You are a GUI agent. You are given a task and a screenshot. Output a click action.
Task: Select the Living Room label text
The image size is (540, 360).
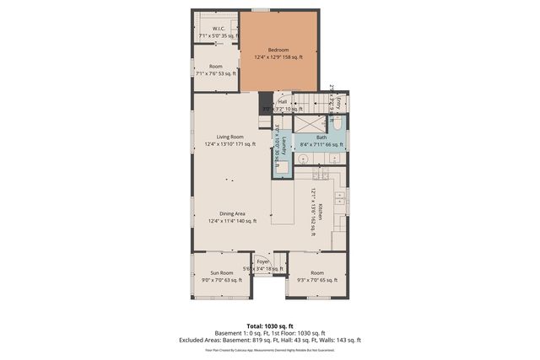[229, 137]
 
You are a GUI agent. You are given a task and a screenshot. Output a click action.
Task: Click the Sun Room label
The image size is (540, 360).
[221, 273]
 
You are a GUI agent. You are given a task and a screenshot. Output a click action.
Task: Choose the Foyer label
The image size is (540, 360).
[263, 262]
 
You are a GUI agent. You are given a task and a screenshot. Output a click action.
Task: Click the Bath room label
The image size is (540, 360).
[321, 137]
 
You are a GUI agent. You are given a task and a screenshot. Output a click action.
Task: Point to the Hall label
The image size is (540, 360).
[282, 102]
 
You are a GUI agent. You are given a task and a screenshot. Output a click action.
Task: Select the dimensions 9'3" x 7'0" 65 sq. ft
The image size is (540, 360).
[316, 280]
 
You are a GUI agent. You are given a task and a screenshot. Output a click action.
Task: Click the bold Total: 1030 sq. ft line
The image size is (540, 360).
[269, 325]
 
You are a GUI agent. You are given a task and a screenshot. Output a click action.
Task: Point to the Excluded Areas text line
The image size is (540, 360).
[269, 340]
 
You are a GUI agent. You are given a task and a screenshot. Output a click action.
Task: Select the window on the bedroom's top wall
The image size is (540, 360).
[261, 10]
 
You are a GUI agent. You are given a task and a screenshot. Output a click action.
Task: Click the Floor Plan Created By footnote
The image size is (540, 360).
[269, 349]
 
